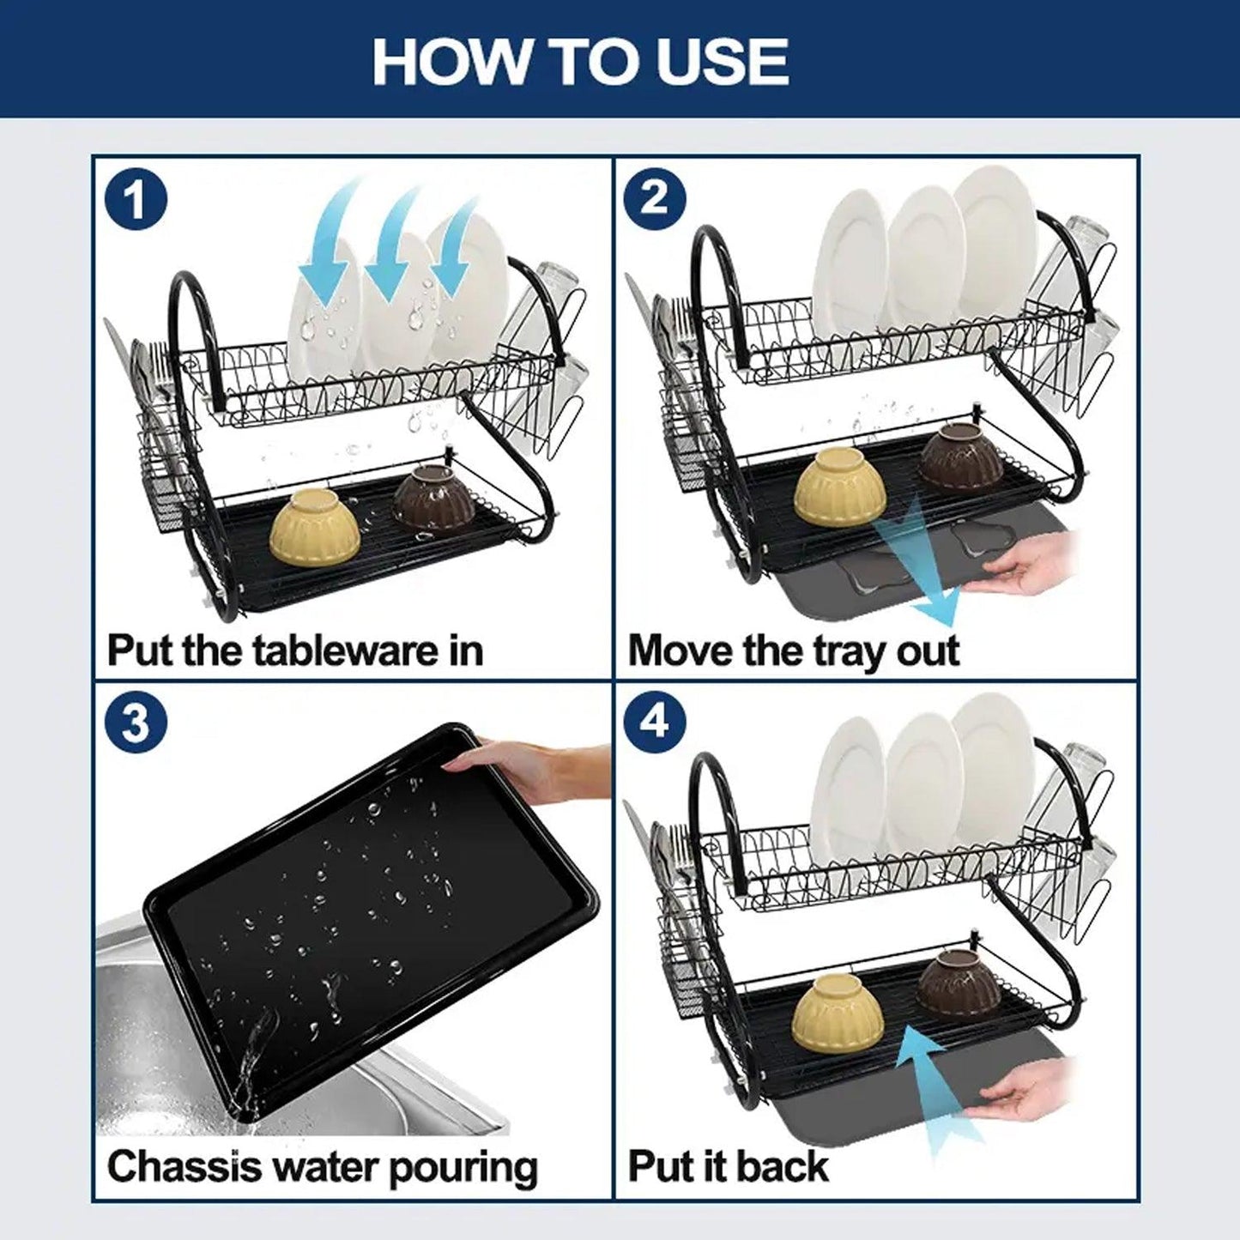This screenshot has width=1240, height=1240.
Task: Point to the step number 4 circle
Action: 655,723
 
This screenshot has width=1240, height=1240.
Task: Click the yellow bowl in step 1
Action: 315,526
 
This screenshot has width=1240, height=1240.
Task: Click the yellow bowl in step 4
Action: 838,1011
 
